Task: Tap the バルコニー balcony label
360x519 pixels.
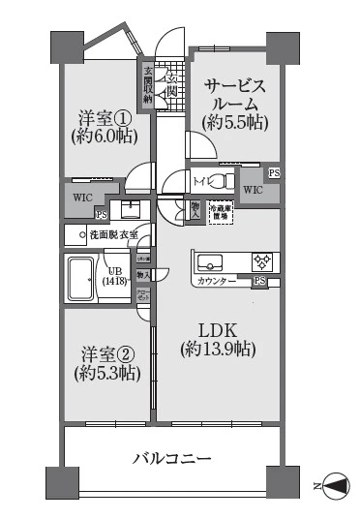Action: [171, 457]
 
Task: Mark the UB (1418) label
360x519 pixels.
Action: [113, 275]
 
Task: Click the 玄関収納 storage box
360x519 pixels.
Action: [148, 85]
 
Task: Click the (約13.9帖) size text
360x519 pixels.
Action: [217, 348]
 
